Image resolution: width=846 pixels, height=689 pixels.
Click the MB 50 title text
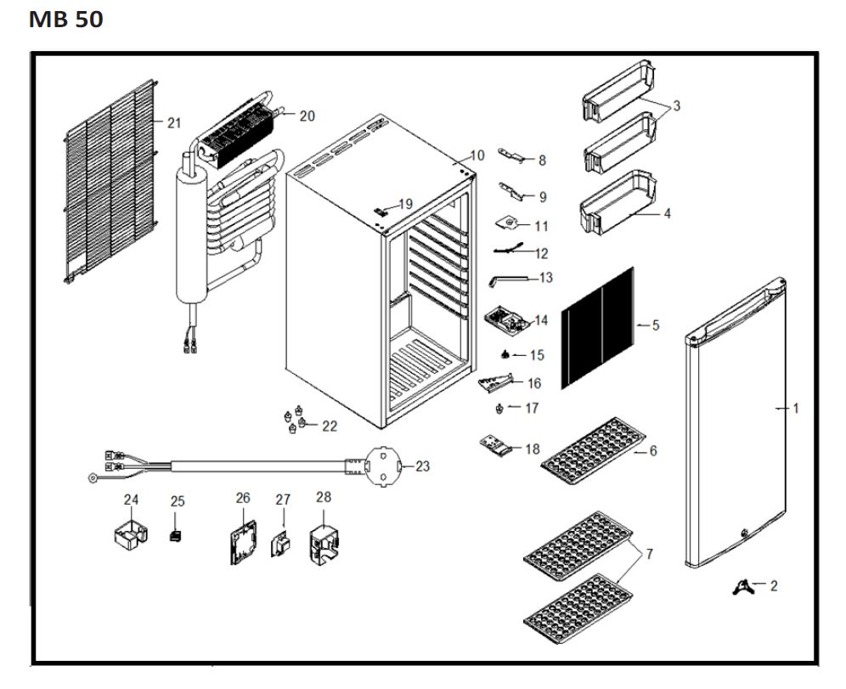click(66, 20)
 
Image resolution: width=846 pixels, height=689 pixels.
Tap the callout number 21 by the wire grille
click(173, 123)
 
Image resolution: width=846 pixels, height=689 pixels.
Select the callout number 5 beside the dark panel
click(656, 325)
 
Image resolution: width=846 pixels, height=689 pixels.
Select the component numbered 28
click(324, 541)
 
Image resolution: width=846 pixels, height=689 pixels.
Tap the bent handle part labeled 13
click(501, 279)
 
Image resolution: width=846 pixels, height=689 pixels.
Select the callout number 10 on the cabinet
click(477, 155)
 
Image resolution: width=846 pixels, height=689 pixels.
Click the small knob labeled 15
click(507, 353)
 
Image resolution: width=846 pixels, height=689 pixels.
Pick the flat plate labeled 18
click(497, 445)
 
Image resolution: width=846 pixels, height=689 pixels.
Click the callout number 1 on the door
click(796, 408)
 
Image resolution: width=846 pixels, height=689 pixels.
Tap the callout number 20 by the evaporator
click(307, 116)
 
